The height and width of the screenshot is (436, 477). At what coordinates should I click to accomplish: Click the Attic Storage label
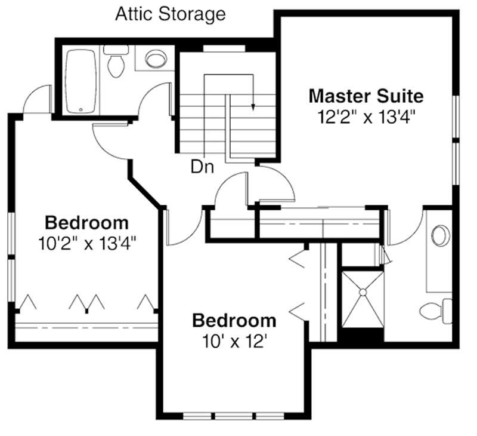coord(171,14)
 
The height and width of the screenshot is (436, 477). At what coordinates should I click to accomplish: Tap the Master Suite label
coord(366,96)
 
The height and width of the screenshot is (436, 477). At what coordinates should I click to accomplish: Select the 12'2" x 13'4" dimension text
coord(366,116)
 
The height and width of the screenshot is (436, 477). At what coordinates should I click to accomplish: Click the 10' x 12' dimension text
coord(234,341)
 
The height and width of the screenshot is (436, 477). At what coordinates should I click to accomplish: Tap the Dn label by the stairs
coord(202,167)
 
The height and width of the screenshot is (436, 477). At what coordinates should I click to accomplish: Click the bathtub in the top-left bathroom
coord(81,81)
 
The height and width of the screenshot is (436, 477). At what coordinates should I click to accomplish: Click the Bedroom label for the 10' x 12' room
coord(234,321)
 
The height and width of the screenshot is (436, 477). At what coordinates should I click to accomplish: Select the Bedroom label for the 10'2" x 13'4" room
coord(86,223)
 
